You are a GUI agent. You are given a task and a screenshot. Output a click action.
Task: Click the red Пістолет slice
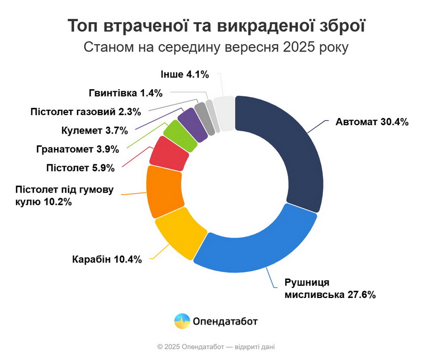pyautogui.click(x=169, y=152)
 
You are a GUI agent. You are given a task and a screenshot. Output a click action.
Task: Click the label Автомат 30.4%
pyautogui.click(x=372, y=122)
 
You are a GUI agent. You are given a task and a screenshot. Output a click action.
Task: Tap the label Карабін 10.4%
pyautogui.click(x=107, y=259)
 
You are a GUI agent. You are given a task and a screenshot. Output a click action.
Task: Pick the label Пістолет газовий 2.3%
pyautogui.click(x=85, y=111)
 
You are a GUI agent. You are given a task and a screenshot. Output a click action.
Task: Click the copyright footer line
pyautogui.click(x=216, y=347)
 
